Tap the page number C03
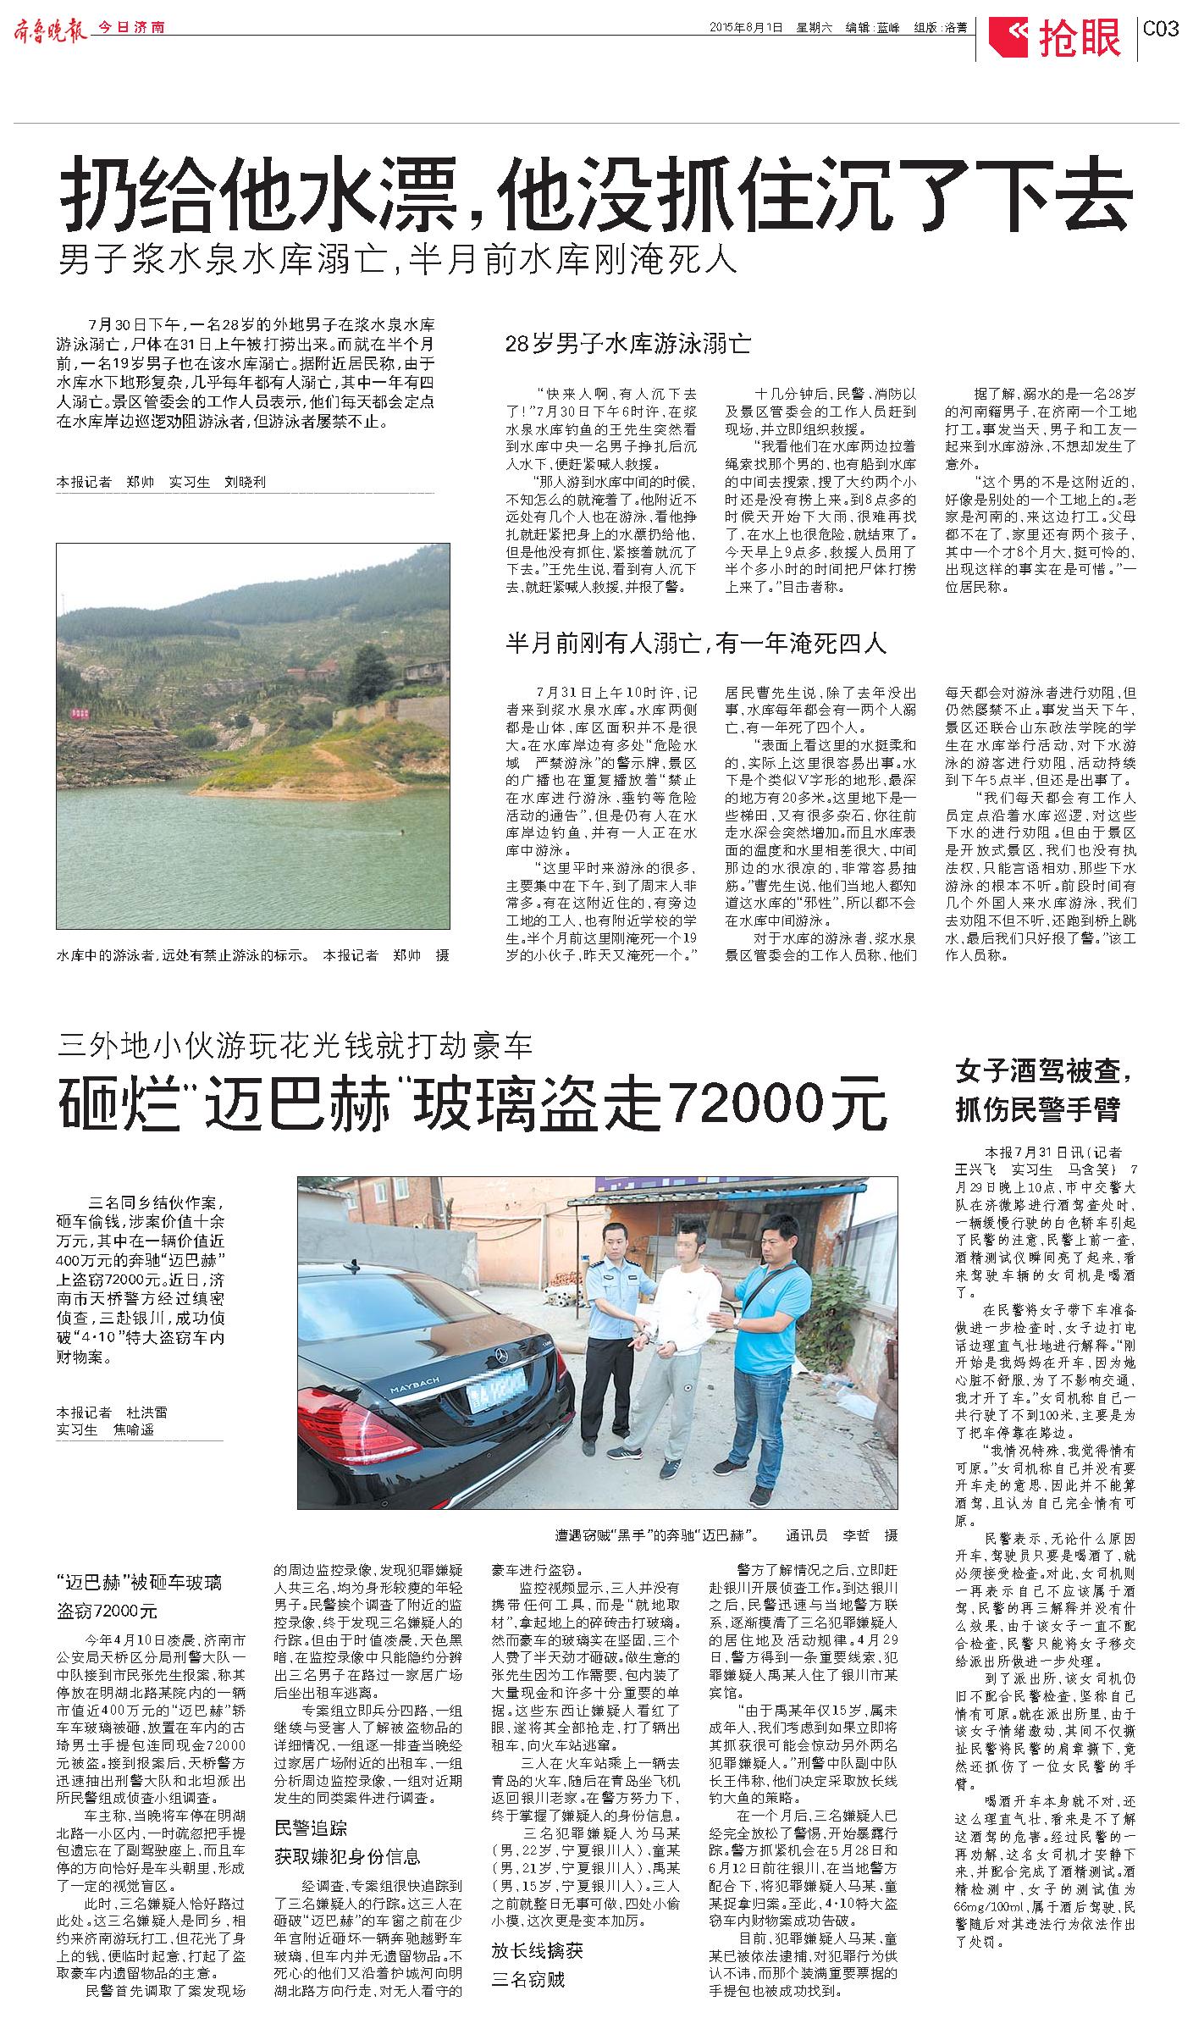(x=1161, y=29)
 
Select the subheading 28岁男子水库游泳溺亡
(x=627, y=344)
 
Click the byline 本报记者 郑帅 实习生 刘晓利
(x=161, y=482)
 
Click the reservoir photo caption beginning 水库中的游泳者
(x=252, y=955)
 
